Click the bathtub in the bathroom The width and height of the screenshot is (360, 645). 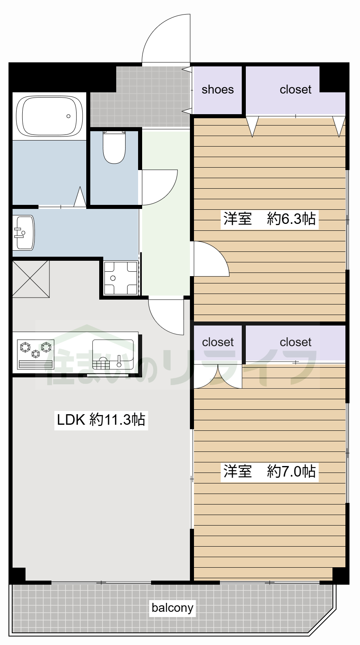49,116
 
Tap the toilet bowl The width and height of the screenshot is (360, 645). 114,147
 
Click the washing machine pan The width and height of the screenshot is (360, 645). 121,278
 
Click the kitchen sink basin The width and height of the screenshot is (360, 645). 113,354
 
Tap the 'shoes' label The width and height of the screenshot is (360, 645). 218,89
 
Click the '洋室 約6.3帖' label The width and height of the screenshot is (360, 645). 270,219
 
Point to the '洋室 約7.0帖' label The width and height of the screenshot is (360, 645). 270,471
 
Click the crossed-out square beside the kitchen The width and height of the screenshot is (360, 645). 31,279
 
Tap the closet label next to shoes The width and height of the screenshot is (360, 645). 296,89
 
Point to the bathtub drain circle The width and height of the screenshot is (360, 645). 68,116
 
